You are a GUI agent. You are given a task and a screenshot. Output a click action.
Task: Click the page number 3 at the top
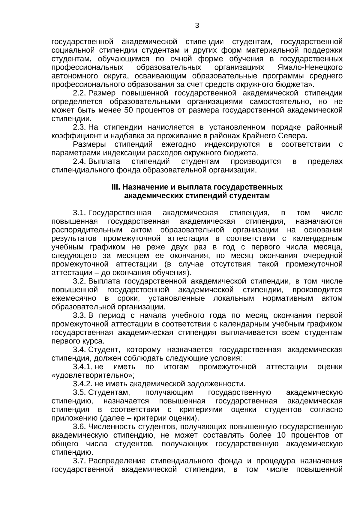pyautogui.click(x=197, y=26)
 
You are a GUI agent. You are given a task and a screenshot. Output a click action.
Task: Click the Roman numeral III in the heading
pyautogui.click(x=115, y=187)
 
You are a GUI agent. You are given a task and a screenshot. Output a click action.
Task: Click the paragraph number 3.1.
pyautogui.click(x=79, y=213)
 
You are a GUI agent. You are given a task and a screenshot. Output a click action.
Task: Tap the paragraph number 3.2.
pyautogui.click(x=79, y=281)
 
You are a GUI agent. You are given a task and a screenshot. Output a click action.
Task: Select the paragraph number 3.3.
pyautogui.click(x=79, y=316)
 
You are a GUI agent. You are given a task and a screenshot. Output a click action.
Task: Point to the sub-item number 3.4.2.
pyautogui.click(x=82, y=384)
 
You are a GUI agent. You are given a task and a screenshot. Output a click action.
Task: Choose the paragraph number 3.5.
pyautogui.click(x=79, y=393)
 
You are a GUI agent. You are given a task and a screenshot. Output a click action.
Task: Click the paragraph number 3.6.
pyautogui.click(x=79, y=427)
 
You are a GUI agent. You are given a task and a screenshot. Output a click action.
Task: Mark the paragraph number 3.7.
pyautogui.click(x=79, y=461)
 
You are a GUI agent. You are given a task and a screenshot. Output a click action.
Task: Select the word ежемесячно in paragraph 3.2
pyautogui.click(x=74, y=298)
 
